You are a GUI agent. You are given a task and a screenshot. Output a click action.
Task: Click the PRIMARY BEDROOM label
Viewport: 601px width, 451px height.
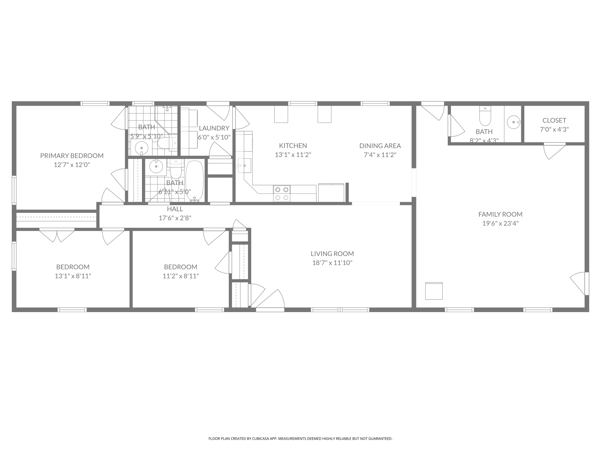click(x=72, y=156)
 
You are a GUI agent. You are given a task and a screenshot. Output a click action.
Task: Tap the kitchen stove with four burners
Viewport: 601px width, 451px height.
click(x=282, y=193)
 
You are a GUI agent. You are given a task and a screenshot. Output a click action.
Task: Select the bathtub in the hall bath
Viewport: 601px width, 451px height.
click(x=194, y=180)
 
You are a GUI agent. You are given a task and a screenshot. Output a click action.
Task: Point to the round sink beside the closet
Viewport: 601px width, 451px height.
click(x=514, y=122)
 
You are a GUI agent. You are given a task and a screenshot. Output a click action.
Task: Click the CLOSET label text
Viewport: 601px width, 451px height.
click(x=554, y=120)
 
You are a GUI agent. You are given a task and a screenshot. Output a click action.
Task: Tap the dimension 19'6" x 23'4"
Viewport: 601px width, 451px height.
click(x=500, y=223)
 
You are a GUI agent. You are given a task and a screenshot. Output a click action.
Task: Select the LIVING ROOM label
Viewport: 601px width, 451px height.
click(x=332, y=254)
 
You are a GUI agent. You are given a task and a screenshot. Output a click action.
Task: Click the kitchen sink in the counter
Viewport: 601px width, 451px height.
click(x=244, y=166)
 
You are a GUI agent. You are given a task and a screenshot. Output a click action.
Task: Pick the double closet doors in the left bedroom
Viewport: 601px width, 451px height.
click(x=57, y=235)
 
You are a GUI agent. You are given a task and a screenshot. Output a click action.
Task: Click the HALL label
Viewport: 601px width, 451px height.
click(x=175, y=209)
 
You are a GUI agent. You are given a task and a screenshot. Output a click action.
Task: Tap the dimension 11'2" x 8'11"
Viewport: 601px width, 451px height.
click(x=181, y=276)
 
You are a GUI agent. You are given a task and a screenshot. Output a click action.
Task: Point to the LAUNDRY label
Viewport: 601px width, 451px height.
click(x=214, y=128)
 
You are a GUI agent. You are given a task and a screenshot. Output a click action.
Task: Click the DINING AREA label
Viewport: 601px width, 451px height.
click(x=380, y=146)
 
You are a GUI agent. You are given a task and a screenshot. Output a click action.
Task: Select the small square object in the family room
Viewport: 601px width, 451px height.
click(x=434, y=291)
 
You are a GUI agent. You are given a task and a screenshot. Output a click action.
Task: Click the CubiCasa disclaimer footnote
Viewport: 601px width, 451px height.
click(x=300, y=439)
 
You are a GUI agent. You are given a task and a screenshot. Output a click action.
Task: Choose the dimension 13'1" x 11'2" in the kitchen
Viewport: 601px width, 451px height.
click(x=293, y=155)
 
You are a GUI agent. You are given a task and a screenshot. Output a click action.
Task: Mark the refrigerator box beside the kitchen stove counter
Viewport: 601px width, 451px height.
click(x=331, y=193)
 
